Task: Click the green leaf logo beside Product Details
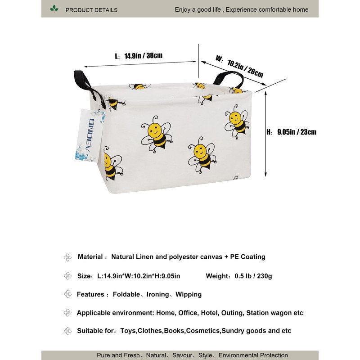(x=54, y=9)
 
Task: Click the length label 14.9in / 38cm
(x=143, y=56)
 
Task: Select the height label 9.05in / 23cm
(x=297, y=132)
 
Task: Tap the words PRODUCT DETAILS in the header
(x=91, y=9)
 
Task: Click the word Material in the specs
(x=90, y=257)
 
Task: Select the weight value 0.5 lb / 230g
(x=253, y=276)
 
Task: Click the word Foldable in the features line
(x=126, y=294)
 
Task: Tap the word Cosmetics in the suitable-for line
(x=203, y=331)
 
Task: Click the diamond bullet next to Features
(x=67, y=294)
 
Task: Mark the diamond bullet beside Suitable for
(x=67, y=331)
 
